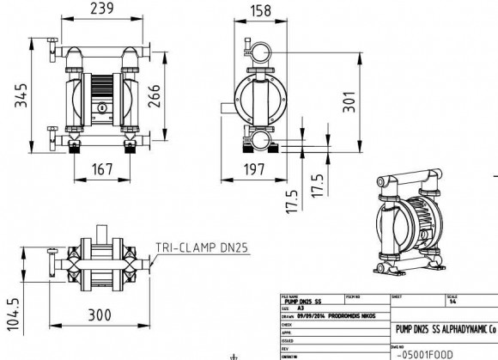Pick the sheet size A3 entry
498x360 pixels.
(x=301, y=307)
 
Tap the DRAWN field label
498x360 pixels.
(x=288, y=314)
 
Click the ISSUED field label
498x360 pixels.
(x=288, y=339)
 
